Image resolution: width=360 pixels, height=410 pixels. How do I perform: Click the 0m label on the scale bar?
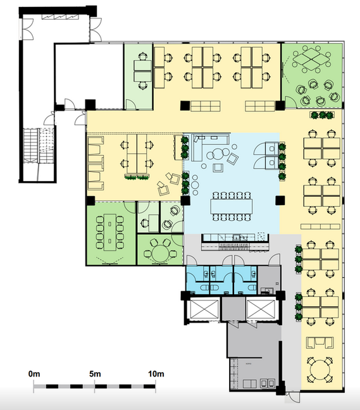(34, 374)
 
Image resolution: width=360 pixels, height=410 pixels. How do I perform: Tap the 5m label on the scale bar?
(95, 374)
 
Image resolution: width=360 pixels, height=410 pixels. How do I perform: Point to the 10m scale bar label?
(156, 374)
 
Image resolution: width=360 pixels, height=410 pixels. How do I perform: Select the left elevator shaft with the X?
(204, 309)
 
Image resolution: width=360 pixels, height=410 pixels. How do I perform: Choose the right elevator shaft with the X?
(261, 309)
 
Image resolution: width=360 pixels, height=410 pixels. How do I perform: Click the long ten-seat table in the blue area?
(232, 206)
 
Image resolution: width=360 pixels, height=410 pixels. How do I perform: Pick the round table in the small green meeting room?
(161, 253)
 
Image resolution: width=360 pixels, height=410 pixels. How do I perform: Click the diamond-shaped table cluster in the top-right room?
(311, 59)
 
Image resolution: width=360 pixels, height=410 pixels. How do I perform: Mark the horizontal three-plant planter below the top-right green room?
(322, 115)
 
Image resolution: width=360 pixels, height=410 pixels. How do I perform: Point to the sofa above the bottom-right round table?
(320, 342)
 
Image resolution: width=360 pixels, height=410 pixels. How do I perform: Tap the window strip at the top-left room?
(60, 16)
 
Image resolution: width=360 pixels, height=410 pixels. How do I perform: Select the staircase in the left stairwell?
(39, 146)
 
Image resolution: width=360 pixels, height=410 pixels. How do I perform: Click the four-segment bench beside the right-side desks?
(320, 227)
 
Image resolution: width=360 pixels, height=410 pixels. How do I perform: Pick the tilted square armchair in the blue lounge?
(232, 158)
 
